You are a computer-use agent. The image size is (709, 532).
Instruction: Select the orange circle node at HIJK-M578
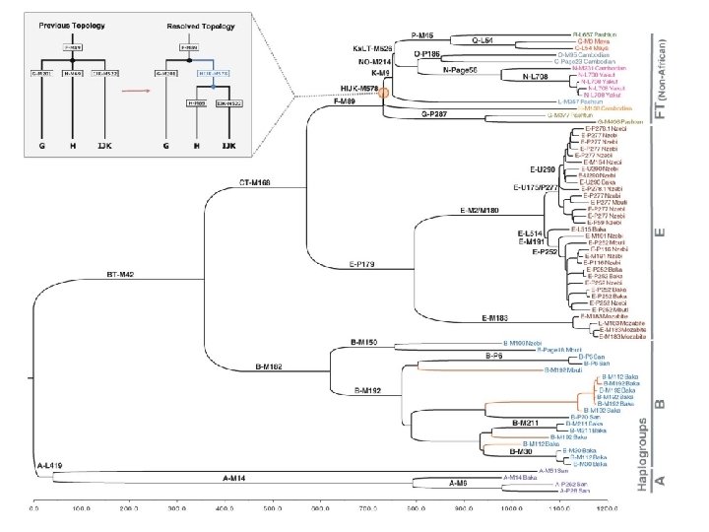[x=384, y=93]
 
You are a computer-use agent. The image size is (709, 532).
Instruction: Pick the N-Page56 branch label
[x=461, y=70]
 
